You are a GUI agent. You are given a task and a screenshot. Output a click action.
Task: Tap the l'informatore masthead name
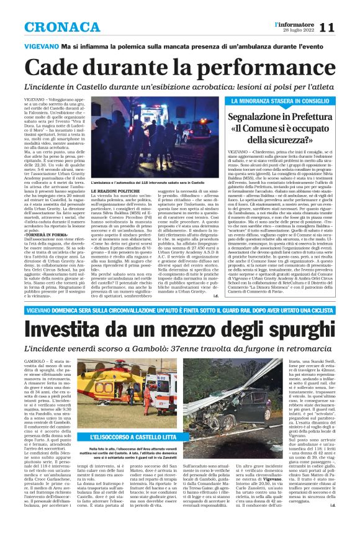point(289,24)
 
